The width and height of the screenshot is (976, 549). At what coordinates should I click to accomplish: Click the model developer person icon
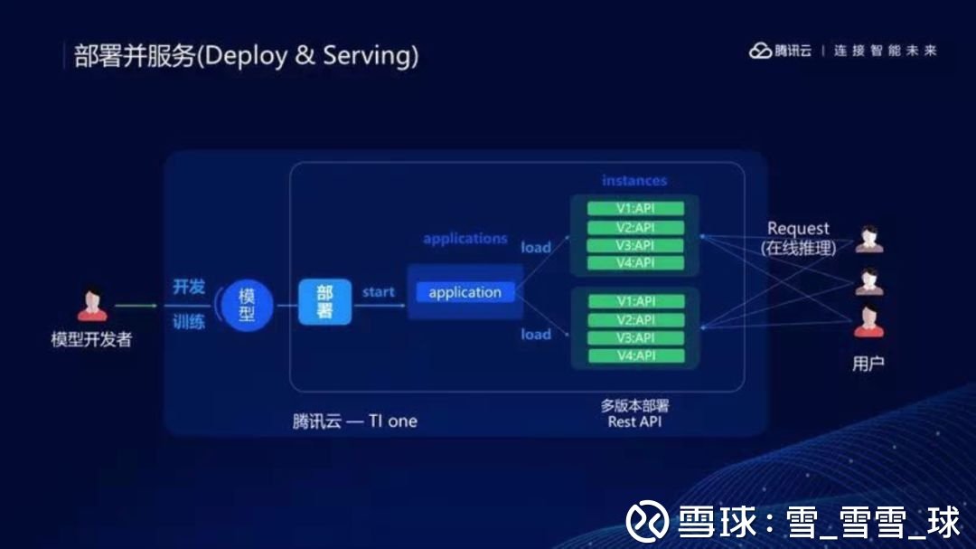[91, 305]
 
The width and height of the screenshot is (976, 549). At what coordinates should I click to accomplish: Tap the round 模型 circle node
[247, 305]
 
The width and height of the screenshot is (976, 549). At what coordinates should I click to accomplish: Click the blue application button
[465, 292]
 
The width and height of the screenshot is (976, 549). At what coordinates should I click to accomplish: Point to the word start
[378, 292]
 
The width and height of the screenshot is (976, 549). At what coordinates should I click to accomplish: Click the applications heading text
[465, 239]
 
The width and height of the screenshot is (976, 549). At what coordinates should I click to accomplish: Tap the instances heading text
[634, 181]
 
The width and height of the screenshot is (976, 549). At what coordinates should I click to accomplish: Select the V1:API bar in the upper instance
[635, 209]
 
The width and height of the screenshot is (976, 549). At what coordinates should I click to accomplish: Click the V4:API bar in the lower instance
[635, 355]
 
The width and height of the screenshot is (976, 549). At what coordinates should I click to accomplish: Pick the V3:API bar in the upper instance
[635, 245]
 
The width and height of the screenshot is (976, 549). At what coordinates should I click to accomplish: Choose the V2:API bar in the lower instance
[635, 319]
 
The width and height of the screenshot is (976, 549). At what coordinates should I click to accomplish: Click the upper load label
[536, 247]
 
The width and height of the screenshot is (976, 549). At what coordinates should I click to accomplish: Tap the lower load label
[536, 334]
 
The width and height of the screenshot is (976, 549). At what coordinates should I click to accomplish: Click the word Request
[798, 229]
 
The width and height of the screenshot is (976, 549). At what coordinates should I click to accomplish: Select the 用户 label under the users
[868, 364]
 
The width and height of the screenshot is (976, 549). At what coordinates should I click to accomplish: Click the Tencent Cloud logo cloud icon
[760, 51]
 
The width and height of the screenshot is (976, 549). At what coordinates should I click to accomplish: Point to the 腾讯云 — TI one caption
[355, 421]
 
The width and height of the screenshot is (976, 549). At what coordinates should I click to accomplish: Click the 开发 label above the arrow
[189, 287]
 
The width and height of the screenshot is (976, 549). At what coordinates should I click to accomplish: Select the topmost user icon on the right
[868, 240]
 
